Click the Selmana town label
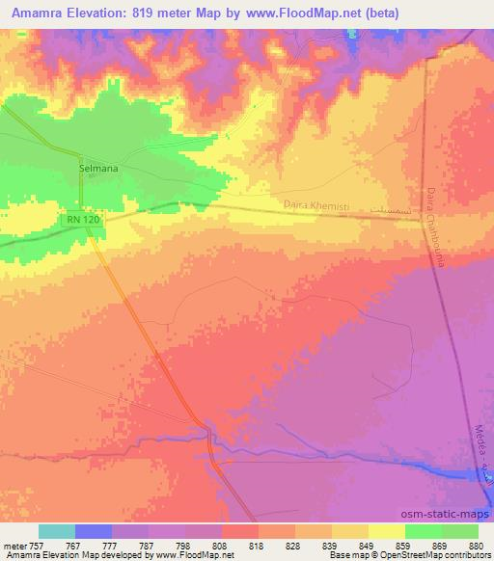click(97, 168)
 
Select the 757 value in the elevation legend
click(35, 545)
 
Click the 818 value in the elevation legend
click(257, 545)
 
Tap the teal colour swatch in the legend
click(57, 531)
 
